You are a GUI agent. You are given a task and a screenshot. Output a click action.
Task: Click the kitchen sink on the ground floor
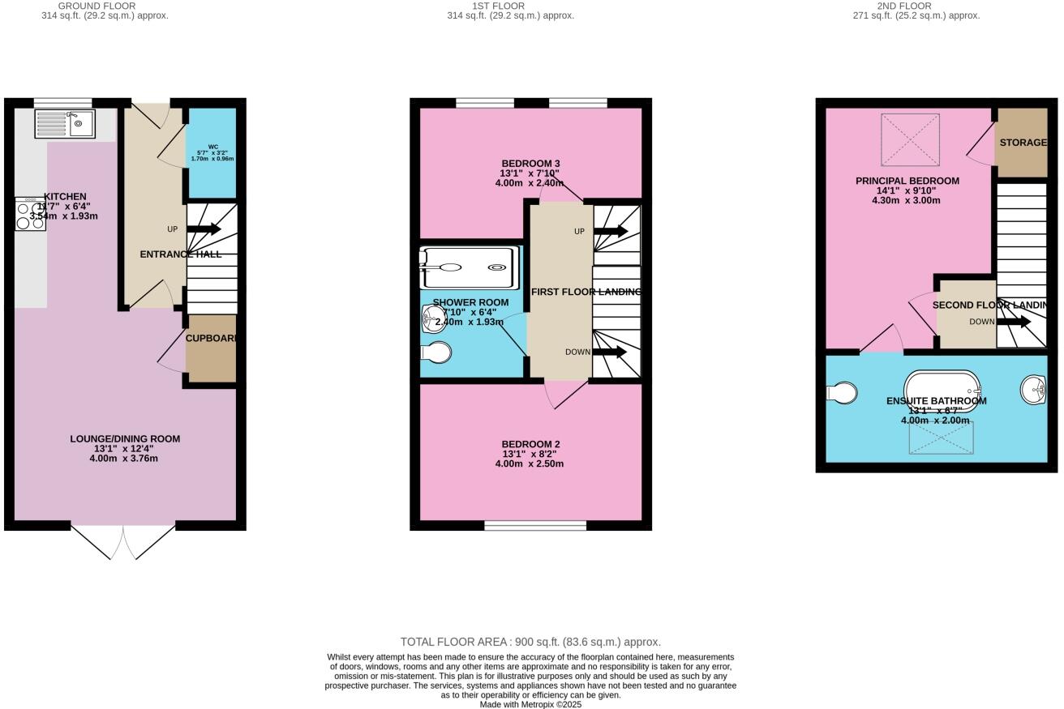65,124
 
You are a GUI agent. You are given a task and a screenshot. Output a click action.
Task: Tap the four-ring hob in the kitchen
30,215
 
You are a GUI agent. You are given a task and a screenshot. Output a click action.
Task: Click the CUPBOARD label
212,339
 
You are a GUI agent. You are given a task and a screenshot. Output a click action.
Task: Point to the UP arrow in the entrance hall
204,229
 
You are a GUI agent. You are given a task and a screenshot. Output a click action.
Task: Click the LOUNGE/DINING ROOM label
124,439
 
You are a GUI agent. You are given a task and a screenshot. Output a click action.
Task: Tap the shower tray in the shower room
469,268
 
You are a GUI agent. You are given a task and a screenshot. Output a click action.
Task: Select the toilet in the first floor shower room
437,352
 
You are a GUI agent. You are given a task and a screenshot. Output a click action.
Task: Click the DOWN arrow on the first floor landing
610,352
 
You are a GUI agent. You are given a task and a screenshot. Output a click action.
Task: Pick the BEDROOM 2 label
530,444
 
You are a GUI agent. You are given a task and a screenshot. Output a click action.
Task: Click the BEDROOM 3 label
530,164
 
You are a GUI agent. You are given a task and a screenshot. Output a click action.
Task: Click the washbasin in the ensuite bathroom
1035,390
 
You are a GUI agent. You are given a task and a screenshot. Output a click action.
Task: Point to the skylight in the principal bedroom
910,139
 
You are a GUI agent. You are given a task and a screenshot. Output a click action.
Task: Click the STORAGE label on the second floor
1023,143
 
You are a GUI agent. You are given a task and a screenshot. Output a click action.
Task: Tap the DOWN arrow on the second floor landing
1013,322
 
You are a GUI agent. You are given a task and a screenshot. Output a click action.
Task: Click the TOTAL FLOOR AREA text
530,642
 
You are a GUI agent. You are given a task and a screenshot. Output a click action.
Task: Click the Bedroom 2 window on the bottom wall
535,526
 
